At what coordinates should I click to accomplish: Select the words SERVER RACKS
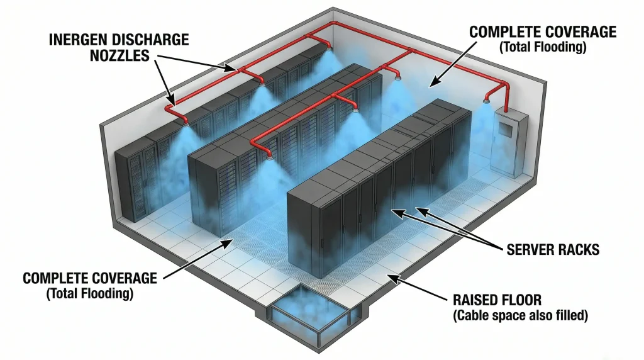[x=553, y=250]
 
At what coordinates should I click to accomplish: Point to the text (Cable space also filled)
[x=520, y=315]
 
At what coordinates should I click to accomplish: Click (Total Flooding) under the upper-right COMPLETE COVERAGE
[x=542, y=46]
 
